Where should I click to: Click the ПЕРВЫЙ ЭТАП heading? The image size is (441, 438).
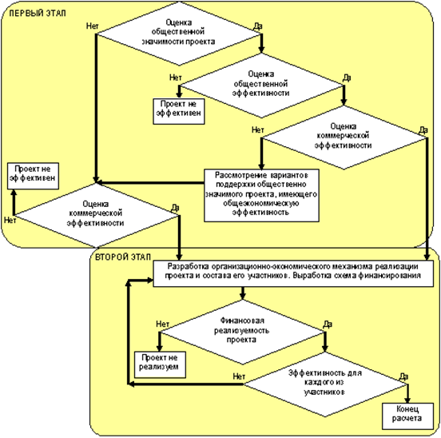point(38,14)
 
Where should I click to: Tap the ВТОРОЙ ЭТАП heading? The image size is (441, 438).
point(123,257)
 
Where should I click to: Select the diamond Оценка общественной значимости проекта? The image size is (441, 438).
point(179,34)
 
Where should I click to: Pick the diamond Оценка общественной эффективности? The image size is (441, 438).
point(261,86)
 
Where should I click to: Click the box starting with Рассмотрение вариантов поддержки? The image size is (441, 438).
point(261,196)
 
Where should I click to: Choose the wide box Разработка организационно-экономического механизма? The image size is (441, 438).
point(293,273)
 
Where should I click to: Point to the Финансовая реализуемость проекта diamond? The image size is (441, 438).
point(242,332)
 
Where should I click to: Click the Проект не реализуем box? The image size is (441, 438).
point(160,364)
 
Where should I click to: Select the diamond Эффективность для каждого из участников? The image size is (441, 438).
point(325,384)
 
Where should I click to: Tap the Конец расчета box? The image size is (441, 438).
point(407,416)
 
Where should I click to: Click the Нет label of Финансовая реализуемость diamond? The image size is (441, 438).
point(162,324)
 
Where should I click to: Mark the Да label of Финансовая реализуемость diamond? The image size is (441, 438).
point(328,325)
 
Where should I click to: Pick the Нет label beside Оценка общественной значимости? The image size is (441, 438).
point(92,26)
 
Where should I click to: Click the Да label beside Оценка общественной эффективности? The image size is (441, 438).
point(347,78)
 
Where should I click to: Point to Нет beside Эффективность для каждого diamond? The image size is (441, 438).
point(239,376)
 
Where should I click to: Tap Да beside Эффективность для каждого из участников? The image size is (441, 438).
point(404,376)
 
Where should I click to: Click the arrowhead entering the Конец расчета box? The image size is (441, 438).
point(407,400)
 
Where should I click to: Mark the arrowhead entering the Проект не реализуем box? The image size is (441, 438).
point(160,348)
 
